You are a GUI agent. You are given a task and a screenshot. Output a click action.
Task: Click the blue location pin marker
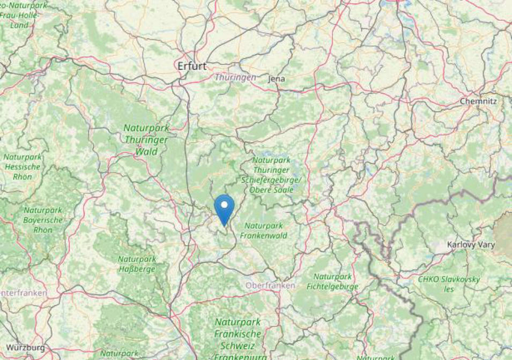coord(224,209)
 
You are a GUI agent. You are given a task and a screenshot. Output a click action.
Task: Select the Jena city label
coord(277,79)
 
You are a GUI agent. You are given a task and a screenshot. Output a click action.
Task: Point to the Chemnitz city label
coord(478,101)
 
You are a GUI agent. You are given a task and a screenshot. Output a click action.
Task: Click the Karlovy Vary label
coord(471,244)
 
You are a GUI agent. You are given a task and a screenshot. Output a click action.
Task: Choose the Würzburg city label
coord(25,348)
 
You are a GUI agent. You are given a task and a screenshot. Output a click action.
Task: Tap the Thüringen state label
coord(235,78)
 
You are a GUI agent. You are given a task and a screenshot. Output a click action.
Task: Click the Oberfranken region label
coord(270,286)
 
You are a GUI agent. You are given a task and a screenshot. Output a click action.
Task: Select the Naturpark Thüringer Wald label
coord(146,140)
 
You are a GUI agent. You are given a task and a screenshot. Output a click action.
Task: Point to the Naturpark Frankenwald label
coord(263,230)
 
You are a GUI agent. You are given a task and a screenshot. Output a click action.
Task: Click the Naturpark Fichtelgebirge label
coord(332,282)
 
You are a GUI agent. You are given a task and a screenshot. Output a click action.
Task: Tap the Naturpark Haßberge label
coord(137,264)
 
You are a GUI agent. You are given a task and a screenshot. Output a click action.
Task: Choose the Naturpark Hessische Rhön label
coord(23,167)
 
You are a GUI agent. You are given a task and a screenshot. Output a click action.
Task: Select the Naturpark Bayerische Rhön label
coord(43,220)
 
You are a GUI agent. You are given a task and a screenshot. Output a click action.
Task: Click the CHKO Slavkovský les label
coord(449,284)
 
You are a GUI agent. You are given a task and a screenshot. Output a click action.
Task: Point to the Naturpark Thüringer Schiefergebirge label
coord(271,175)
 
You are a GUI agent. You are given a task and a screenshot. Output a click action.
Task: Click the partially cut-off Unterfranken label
coord(24,293)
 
